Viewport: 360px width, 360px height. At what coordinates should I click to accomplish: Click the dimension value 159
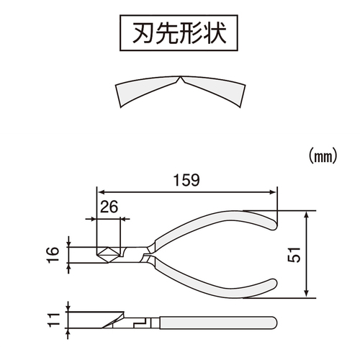[x=186, y=180]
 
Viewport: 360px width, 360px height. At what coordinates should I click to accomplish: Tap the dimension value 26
[x=109, y=207]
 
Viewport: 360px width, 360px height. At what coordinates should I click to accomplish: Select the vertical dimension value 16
[x=53, y=255]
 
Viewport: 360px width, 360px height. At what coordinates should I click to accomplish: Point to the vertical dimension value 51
[x=294, y=254]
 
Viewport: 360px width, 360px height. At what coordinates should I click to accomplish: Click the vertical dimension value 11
[x=53, y=320]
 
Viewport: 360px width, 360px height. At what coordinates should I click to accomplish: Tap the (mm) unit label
[x=323, y=156]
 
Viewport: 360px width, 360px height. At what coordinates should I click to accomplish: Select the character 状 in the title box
[x=215, y=33]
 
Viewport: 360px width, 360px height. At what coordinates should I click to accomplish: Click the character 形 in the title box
[x=191, y=33]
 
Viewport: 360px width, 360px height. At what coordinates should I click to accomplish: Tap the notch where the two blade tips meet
[x=180, y=78]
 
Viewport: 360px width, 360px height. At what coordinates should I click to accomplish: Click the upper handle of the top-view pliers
[x=216, y=225]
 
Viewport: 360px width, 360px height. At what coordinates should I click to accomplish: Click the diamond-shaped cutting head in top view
[x=108, y=255]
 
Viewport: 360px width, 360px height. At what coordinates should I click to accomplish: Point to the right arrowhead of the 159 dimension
[x=273, y=192]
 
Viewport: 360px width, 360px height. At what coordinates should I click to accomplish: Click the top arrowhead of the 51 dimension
[x=306, y=215]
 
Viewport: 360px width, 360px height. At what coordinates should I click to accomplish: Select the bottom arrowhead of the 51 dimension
[x=306, y=294]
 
